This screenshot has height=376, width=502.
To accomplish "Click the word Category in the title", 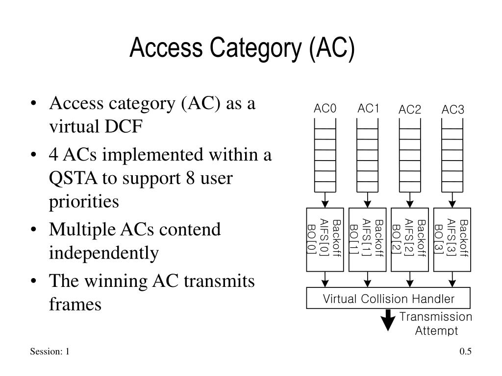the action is (x=255, y=48).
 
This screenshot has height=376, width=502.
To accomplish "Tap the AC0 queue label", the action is (x=325, y=109).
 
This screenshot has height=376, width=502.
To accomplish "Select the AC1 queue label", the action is (x=368, y=109).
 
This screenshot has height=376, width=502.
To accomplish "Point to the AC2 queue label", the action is (x=410, y=110).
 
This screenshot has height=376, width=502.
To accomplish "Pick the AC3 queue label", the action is (x=452, y=110).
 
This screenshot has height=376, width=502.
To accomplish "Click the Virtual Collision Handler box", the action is (x=388, y=298).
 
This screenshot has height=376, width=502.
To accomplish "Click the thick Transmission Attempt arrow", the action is (x=388, y=320).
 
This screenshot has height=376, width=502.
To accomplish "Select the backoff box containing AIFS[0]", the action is (x=325, y=240).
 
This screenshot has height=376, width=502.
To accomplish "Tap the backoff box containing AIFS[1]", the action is (x=368, y=240).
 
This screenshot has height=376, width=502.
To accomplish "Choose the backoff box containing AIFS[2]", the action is (x=410, y=240).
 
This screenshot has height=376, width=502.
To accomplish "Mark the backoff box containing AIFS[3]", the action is (x=452, y=240).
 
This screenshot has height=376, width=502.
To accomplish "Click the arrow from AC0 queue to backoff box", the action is (x=325, y=200).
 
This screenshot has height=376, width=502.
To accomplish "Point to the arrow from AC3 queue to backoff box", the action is (x=452, y=200).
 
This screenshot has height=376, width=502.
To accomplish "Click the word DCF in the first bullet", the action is (x=123, y=127).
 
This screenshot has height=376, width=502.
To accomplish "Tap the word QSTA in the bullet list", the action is (x=73, y=178).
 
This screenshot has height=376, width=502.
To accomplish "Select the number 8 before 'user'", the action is (x=191, y=178).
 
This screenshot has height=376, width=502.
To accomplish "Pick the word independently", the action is (x=104, y=253).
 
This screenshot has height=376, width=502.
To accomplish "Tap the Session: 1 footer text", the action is (x=50, y=352).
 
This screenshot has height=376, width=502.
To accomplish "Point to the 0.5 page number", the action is (x=466, y=352).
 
